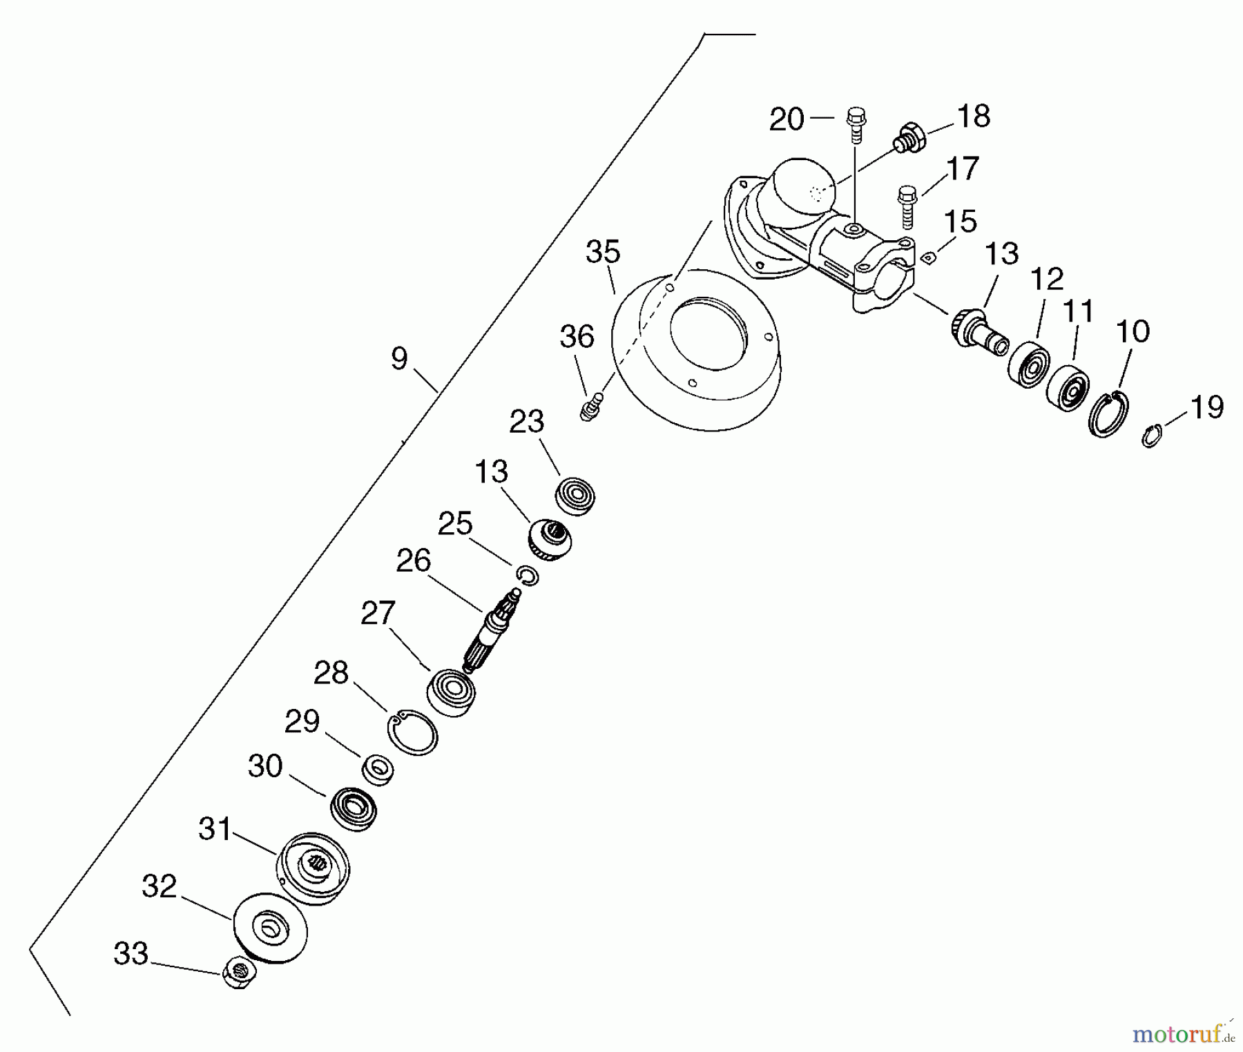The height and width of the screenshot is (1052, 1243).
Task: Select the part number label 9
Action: [x=399, y=358]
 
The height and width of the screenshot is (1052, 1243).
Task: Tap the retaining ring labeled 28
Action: [x=412, y=732]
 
